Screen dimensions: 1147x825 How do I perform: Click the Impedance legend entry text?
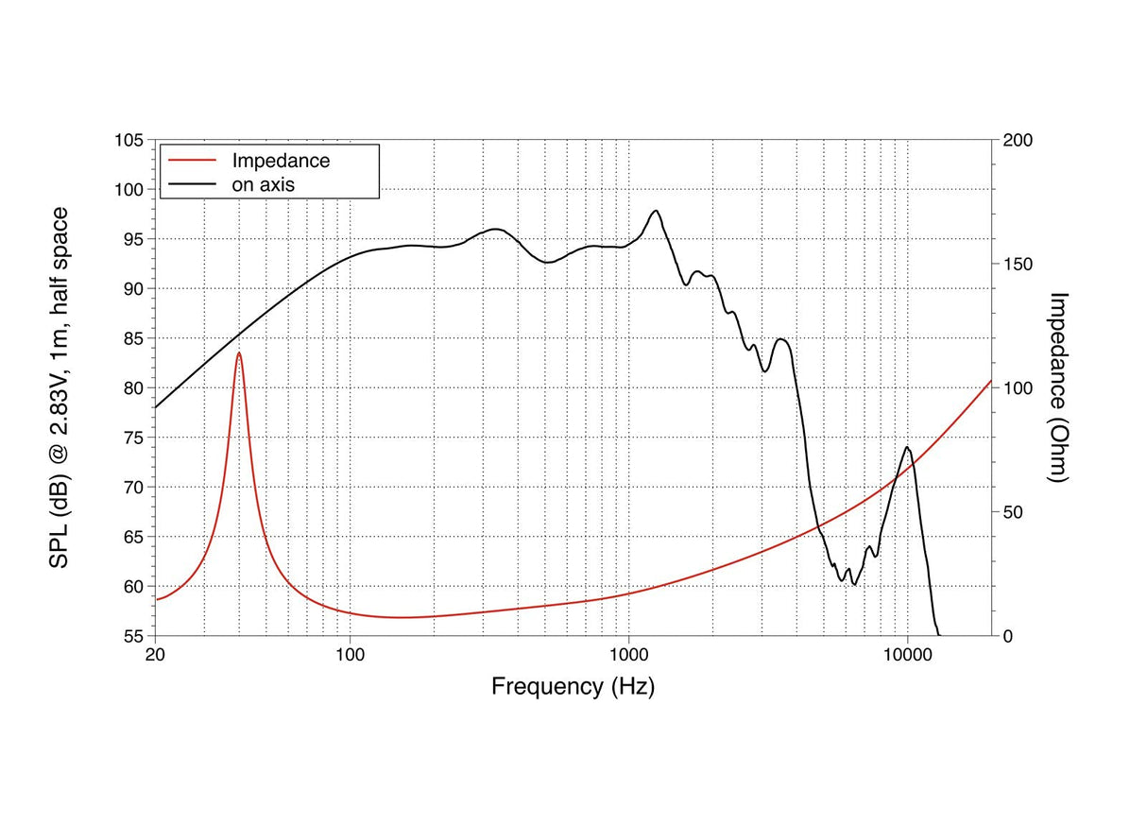pos(281,161)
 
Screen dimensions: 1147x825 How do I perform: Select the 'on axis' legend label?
pos(264,185)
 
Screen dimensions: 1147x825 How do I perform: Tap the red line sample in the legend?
pos(192,161)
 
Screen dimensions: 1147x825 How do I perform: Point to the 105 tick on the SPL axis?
pos(129,140)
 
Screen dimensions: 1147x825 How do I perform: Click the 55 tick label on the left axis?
pos(133,637)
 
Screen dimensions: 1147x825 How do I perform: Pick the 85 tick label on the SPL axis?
pos(133,338)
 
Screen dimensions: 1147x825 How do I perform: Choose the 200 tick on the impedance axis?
pos(1018,140)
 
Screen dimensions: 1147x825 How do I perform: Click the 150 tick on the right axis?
pos(1018,265)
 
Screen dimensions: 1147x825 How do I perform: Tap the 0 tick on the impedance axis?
pos(1008,637)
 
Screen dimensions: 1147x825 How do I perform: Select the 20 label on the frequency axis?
pos(155,655)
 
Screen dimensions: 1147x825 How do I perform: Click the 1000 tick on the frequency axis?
pos(629,655)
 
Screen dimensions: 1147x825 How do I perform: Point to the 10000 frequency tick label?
pos(907,655)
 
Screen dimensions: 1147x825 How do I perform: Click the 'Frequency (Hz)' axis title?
pos(573,687)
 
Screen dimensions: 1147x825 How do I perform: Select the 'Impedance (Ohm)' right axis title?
pos(1058,387)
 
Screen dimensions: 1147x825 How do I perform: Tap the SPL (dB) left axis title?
pos(59,387)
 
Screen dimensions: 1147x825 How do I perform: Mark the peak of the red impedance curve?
pos(239,352)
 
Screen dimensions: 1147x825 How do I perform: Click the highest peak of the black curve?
pos(656,211)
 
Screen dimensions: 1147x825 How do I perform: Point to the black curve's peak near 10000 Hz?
pos(907,447)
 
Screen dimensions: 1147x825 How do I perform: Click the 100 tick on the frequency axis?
pos(351,655)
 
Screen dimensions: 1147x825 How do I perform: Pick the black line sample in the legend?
pos(192,184)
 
